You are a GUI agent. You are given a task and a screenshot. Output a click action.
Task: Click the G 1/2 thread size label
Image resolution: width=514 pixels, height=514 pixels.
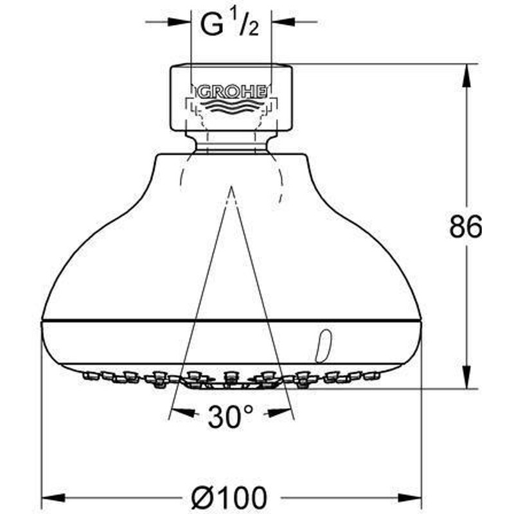[229, 24]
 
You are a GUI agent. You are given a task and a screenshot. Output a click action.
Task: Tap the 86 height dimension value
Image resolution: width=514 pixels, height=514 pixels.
[465, 227]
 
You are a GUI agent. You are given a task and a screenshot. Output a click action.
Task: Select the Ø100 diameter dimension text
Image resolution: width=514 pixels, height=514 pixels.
[229, 498]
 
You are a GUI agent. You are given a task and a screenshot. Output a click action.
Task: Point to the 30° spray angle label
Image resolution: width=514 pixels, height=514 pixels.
[231, 416]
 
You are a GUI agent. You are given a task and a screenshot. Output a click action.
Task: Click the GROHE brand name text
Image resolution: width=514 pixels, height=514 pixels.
[231, 93]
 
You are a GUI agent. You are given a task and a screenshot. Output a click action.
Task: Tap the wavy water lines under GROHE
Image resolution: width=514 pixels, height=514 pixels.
[231, 108]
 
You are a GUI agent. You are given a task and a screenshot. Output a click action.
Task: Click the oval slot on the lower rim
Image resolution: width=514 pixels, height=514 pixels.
[324, 346]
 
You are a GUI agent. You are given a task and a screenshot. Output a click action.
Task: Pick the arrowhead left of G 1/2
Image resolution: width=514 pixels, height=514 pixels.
[179, 22]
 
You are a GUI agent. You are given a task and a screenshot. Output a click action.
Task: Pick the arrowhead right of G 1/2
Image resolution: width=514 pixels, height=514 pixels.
[283, 22]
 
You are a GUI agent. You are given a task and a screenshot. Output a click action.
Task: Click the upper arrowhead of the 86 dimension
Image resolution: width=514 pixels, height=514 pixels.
[466, 75]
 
